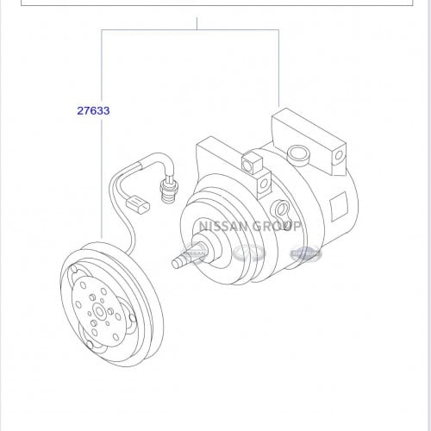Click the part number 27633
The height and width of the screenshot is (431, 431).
pyautogui.click(x=93, y=110)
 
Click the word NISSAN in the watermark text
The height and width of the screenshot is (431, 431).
pyautogui.click(x=223, y=226)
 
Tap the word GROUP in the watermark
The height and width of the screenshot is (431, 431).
pyautogui.click(x=277, y=226)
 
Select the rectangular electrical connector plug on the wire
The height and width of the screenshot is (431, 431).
pyautogui.click(x=138, y=203)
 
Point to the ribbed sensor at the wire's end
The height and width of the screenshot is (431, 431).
pyautogui.click(x=169, y=190)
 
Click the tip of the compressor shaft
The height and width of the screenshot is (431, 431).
pyautogui.click(x=175, y=264)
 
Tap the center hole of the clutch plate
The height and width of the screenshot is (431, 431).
pyautogui.click(x=100, y=312)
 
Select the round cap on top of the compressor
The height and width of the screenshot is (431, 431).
pyautogui.click(x=299, y=155)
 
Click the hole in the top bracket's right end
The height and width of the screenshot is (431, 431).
pyautogui.click(x=339, y=155)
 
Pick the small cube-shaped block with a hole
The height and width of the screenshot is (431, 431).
pyautogui.click(x=253, y=163)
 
